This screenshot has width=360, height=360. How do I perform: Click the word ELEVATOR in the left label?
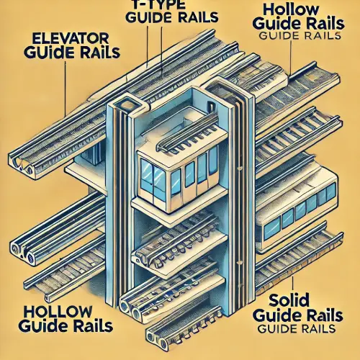(69, 38)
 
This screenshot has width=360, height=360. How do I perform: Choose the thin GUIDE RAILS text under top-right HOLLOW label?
(300, 35)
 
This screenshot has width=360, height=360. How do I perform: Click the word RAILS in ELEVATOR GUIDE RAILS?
(100, 52)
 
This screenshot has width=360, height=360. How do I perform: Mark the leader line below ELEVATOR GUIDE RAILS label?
(66, 88)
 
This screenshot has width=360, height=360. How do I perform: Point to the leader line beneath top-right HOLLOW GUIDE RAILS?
(290, 58)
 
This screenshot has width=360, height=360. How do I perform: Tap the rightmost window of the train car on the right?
(330, 192)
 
